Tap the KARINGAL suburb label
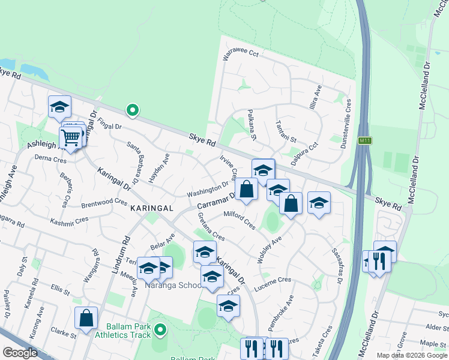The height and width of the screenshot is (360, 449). pyautogui.click(x=152, y=208)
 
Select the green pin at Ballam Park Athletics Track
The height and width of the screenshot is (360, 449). pyautogui.click(x=159, y=329)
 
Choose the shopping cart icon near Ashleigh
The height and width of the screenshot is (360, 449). pyautogui.click(x=71, y=138)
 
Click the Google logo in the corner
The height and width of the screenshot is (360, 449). pyautogui.click(x=20, y=352)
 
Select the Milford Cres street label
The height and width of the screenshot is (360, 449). pyautogui.click(x=240, y=220)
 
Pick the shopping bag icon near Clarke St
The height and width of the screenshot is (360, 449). pyautogui.click(x=86, y=318)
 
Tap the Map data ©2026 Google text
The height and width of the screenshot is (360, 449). pyautogui.click(x=412, y=355)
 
